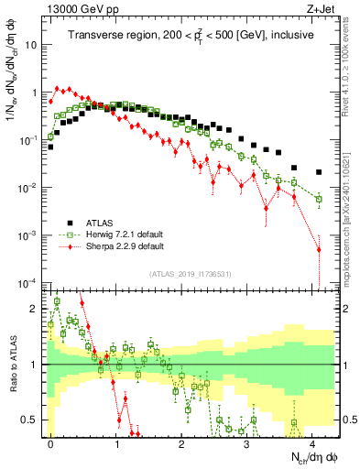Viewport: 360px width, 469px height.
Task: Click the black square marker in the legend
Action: pyautogui.click(x=70, y=223)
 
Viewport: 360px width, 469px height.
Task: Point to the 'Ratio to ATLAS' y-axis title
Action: pyautogui.click(x=12, y=365)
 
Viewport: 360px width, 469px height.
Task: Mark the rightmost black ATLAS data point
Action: pyautogui.click(x=319, y=172)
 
